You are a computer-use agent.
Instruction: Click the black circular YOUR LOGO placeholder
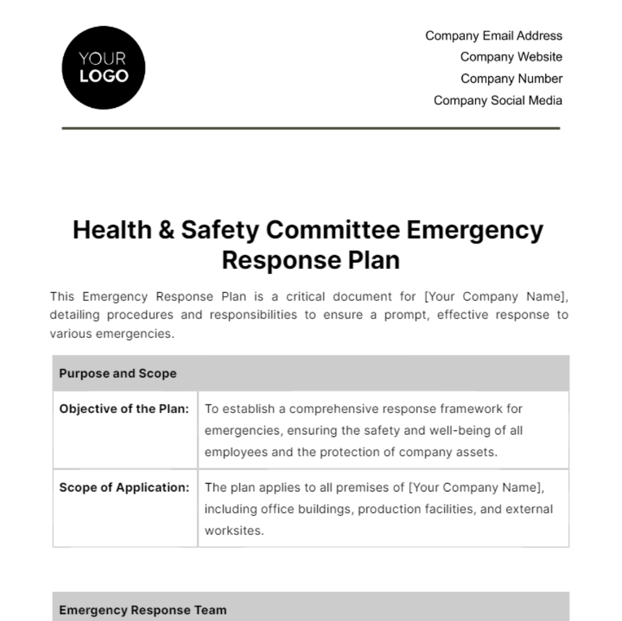pos(104,68)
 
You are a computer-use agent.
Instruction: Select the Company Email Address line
pos(493,36)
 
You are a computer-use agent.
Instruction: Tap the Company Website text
pos(511,57)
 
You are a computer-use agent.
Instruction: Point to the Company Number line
pos(511,79)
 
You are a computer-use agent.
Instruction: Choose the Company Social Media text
pos(498,101)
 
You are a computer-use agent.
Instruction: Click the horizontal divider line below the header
pos(311,128)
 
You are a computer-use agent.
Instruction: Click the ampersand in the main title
pos(166,230)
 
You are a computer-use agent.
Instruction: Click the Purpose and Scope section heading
pos(118,374)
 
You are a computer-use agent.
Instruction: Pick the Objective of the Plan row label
pos(124,409)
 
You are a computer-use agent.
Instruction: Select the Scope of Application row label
pos(124,488)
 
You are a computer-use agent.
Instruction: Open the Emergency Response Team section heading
pos(143,610)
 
